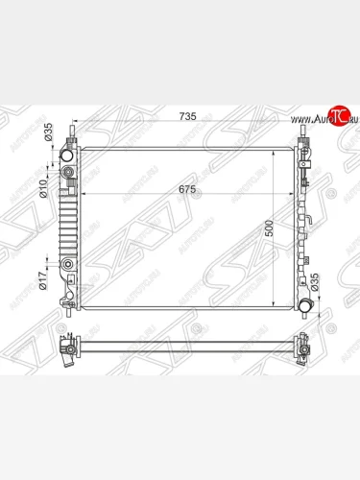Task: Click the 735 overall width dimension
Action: point(187,116)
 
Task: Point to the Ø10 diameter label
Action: point(43,186)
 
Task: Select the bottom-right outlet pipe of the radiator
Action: point(305,306)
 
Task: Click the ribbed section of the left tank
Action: point(68,220)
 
